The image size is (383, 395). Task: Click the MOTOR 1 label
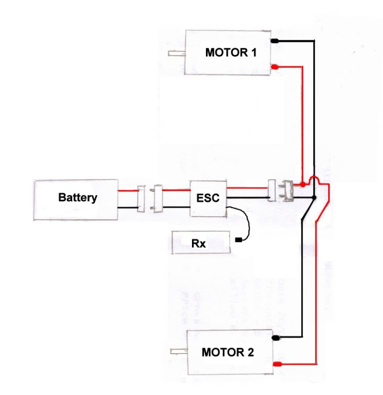tap(231, 52)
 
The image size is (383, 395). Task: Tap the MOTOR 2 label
tap(228, 352)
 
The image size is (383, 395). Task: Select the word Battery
tap(77, 198)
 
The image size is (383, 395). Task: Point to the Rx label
tap(198, 245)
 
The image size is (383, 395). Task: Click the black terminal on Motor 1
tap(275, 41)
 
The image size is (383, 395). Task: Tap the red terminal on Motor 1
tap(275, 67)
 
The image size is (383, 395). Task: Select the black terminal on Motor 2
tap(276, 338)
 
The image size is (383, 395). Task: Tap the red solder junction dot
tap(302, 185)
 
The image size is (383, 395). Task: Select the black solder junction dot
tap(313, 199)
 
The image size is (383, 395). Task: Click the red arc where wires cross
tap(314, 179)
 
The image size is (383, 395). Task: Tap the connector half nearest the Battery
tap(142, 198)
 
